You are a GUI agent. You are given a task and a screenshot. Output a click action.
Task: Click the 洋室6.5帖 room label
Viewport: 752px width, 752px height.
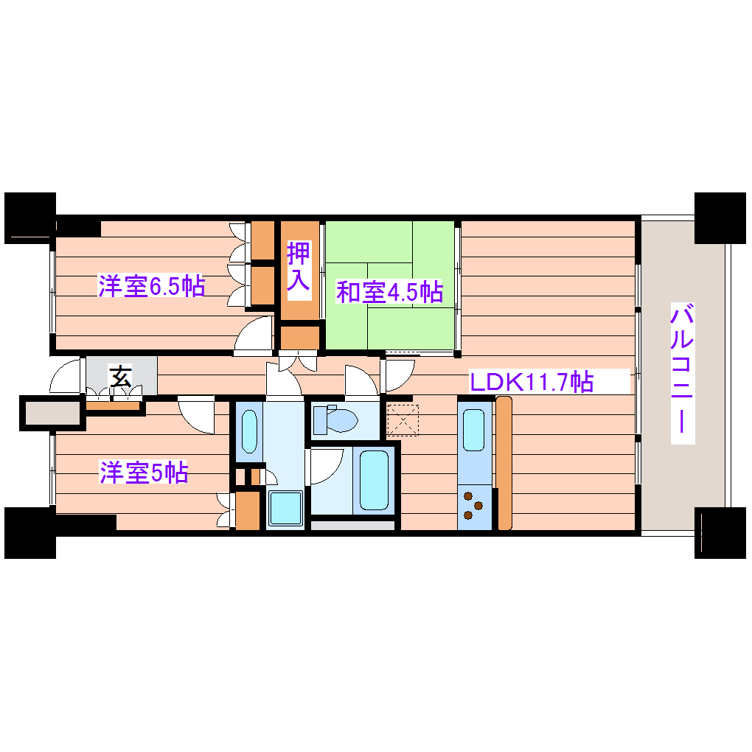pyautogui.click(x=151, y=286)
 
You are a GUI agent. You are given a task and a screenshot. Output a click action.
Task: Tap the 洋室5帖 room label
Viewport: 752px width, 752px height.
pyautogui.click(x=144, y=473)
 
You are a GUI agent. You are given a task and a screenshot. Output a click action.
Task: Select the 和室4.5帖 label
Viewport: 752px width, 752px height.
pyautogui.click(x=389, y=292)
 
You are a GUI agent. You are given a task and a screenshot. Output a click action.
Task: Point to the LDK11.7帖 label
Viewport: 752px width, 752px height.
pyautogui.click(x=532, y=382)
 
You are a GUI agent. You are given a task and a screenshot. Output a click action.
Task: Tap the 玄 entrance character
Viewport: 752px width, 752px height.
pyautogui.click(x=121, y=377)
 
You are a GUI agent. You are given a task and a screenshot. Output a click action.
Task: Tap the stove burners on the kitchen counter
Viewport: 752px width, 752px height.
pyautogui.click(x=473, y=506)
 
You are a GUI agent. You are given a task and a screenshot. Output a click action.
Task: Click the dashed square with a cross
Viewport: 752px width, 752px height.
pyautogui.click(x=403, y=419)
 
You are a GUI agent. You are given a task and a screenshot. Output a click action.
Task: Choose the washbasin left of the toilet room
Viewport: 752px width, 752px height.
pyautogui.click(x=248, y=432)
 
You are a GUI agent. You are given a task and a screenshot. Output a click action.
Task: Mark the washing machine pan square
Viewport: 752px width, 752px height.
pyautogui.click(x=285, y=509)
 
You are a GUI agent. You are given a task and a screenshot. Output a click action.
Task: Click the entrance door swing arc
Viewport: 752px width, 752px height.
pyautogui.click(x=65, y=377)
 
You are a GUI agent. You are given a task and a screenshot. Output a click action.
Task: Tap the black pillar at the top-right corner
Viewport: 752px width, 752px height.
pyautogui.click(x=720, y=217)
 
